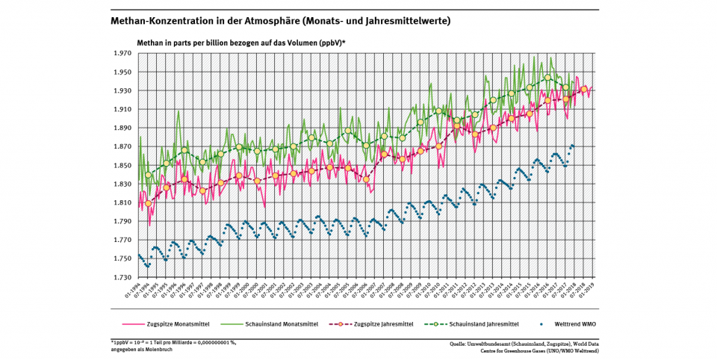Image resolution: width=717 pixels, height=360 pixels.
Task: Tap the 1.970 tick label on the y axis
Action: point(122,54)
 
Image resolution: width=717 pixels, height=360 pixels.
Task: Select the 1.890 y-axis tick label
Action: point(122,128)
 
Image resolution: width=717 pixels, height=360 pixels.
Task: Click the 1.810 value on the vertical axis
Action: point(122,203)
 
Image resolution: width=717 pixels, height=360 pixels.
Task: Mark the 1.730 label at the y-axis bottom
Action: point(122,278)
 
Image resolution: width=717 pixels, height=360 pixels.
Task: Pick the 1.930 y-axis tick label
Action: point(122,91)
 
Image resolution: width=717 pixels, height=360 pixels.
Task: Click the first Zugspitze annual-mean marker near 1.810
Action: point(148,203)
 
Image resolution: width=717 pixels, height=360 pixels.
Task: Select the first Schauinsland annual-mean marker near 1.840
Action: point(148,176)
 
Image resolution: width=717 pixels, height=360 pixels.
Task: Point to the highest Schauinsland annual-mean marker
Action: point(547,78)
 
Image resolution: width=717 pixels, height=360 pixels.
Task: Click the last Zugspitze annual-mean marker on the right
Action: point(583,89)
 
